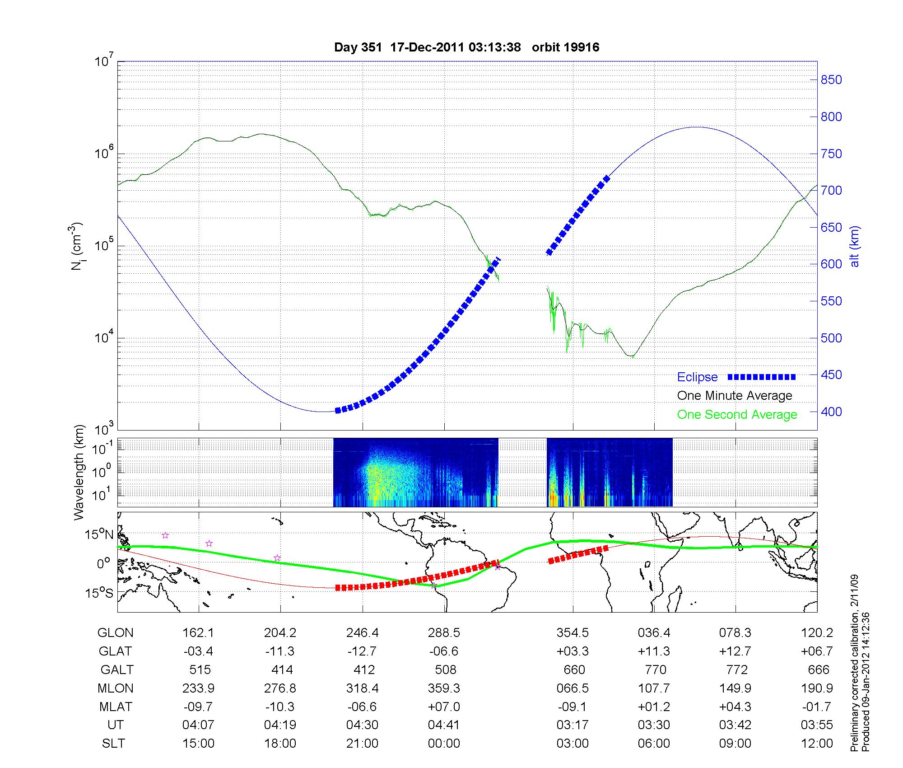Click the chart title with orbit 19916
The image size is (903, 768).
[x=466, y=47]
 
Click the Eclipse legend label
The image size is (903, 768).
[x=697, y=377]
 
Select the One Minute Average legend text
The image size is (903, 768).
[x=735, y=396]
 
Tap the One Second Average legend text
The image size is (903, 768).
[x=737, y=415]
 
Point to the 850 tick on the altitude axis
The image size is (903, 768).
[x=831, y=80]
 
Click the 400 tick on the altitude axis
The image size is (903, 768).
[x=831, y=412]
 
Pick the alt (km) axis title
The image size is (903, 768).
[x=855, y=246]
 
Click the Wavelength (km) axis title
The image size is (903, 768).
[x=79, y=472]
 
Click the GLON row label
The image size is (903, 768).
[x=116, y=633]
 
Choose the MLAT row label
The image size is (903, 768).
[x=116, y=707]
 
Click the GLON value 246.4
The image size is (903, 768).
[x=362, y=633]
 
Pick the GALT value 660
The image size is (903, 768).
[x=574, y=670]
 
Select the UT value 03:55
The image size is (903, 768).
[x=817, y=725]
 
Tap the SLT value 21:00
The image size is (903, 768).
[x=362, y=744]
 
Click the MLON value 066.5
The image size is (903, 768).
[x=573, y=688]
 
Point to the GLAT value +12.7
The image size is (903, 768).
[x=735, y=651]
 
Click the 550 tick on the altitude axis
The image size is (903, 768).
[x=831, y=301]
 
